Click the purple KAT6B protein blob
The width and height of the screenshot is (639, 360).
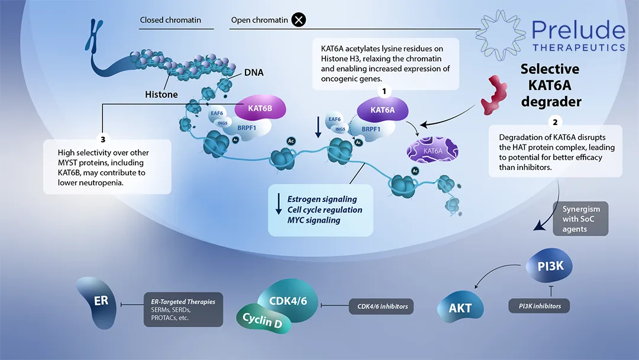(x=260, y=110)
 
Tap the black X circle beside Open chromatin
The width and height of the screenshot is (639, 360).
(x=299, y=20)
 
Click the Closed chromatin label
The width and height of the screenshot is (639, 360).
(x=170, y=20)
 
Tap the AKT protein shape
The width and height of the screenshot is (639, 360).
(x=460, y=307)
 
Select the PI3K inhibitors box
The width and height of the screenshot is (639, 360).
(x=534, y=306)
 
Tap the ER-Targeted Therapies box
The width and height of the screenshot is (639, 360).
(x=183, y=309)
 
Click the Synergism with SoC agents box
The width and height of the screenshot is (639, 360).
(x=581, y=219)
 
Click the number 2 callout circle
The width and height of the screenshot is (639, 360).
(x=555, y=123)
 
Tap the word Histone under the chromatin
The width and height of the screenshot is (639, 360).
(x=161, y=95)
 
